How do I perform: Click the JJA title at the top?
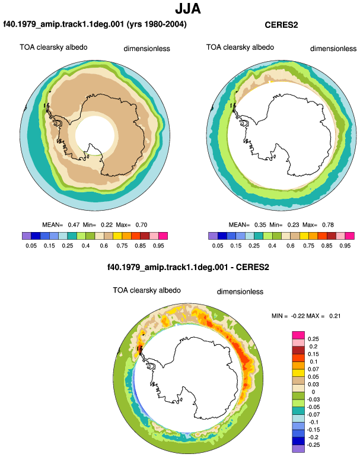coord(188,8)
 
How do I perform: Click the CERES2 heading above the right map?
coord(281,25)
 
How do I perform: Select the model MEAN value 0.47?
coord(74,225)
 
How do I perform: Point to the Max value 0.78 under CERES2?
coord(327,225)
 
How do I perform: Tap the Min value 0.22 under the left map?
coord(107,225)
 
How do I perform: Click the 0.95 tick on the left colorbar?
coord(158,246)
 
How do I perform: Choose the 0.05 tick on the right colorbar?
coord(218,246)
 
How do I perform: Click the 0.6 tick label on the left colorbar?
coord(104,246)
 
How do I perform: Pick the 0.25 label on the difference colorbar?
coord(313,339)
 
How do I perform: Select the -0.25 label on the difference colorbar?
coord(313,445)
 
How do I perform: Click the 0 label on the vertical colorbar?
coord(313,392)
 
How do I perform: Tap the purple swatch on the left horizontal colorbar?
coord(27,236)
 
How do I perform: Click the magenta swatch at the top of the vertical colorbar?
coord(298,335)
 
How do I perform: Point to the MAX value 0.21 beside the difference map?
coord(334,316)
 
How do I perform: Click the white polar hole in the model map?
coord(95,135)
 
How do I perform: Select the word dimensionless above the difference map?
coord(240,292)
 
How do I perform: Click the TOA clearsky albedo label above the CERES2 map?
coord(240,47)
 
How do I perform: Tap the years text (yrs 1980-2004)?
coord(157,24)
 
